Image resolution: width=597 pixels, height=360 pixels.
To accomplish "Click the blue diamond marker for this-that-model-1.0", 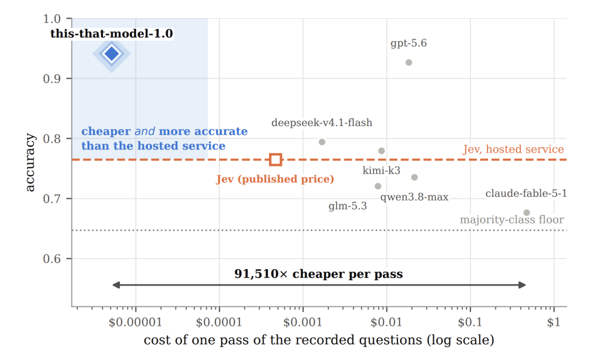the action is pyautogui.click(x=112, y=54).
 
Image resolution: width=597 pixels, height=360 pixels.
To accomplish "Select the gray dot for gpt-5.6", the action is pyautogui.click(x=409, y=62).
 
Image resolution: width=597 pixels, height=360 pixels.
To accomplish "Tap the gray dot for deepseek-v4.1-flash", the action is pyautogui.click(x=322, y=142).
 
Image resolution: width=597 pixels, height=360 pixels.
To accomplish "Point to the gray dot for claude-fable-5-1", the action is pyautogui.click(x=527, y=212).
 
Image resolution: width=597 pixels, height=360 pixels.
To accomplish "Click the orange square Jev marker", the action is pyautogui.click(x=276, y=159).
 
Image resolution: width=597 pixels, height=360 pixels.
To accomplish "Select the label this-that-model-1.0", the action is pyautogui.click(x=112, y=34).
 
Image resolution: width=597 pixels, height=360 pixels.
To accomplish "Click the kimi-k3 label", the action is pyautogui.click(x=381, y=170).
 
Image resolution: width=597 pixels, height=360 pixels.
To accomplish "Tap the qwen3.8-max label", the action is pyautogui.click(x=414, y=197).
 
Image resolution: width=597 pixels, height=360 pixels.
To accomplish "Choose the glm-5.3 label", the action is pyautogui.click(x=348, y=206).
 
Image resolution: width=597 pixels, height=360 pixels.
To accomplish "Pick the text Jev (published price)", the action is pyautogui.click(x=275, y=179).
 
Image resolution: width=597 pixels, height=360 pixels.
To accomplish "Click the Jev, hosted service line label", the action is pyautogui.click(x=513, y=149).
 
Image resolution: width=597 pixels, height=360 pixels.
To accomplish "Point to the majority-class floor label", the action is pyautogui.click(x=512, y=220).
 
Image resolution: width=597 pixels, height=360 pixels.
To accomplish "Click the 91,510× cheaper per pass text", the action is pyautogui.click(x=318, y=274).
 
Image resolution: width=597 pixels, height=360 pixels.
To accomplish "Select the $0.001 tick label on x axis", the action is pyautogui.click(x=303, y=322).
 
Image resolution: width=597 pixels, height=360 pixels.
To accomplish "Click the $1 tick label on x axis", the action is pyautogui.click(x=553, y=322).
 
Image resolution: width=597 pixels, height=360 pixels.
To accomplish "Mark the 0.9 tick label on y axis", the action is pyautogui.click(x=52, y=79).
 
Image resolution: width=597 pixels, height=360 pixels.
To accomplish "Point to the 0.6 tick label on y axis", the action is pyautogui.click(x=52, y=259).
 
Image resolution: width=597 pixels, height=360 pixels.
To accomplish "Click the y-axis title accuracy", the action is pyautogui.click(x=29, y=162).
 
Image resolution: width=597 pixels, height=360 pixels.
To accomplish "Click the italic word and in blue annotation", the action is pyautogui.click(x=145, y=132).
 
